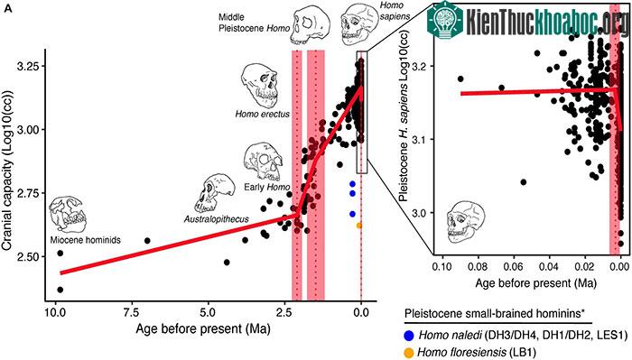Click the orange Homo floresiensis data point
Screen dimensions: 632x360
click(x=358, y=226)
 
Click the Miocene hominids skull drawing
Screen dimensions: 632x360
click(x=68, y=214)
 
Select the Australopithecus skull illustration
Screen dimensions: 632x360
click(x=215, y=194)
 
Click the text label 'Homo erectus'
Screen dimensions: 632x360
click(x=263, y=115)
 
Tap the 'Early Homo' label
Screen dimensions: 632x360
click(x=267, y=188)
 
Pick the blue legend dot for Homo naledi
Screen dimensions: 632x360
click(x=410, y=335)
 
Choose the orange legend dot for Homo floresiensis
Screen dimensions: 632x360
click(x=410, y=353)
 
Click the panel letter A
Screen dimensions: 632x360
click(x=8, y=9)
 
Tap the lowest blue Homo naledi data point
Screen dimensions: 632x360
click(x=352, y=214)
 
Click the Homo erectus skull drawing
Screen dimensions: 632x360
click(x=261, y=87)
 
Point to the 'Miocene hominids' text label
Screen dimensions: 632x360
click(x=86, y=240)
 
